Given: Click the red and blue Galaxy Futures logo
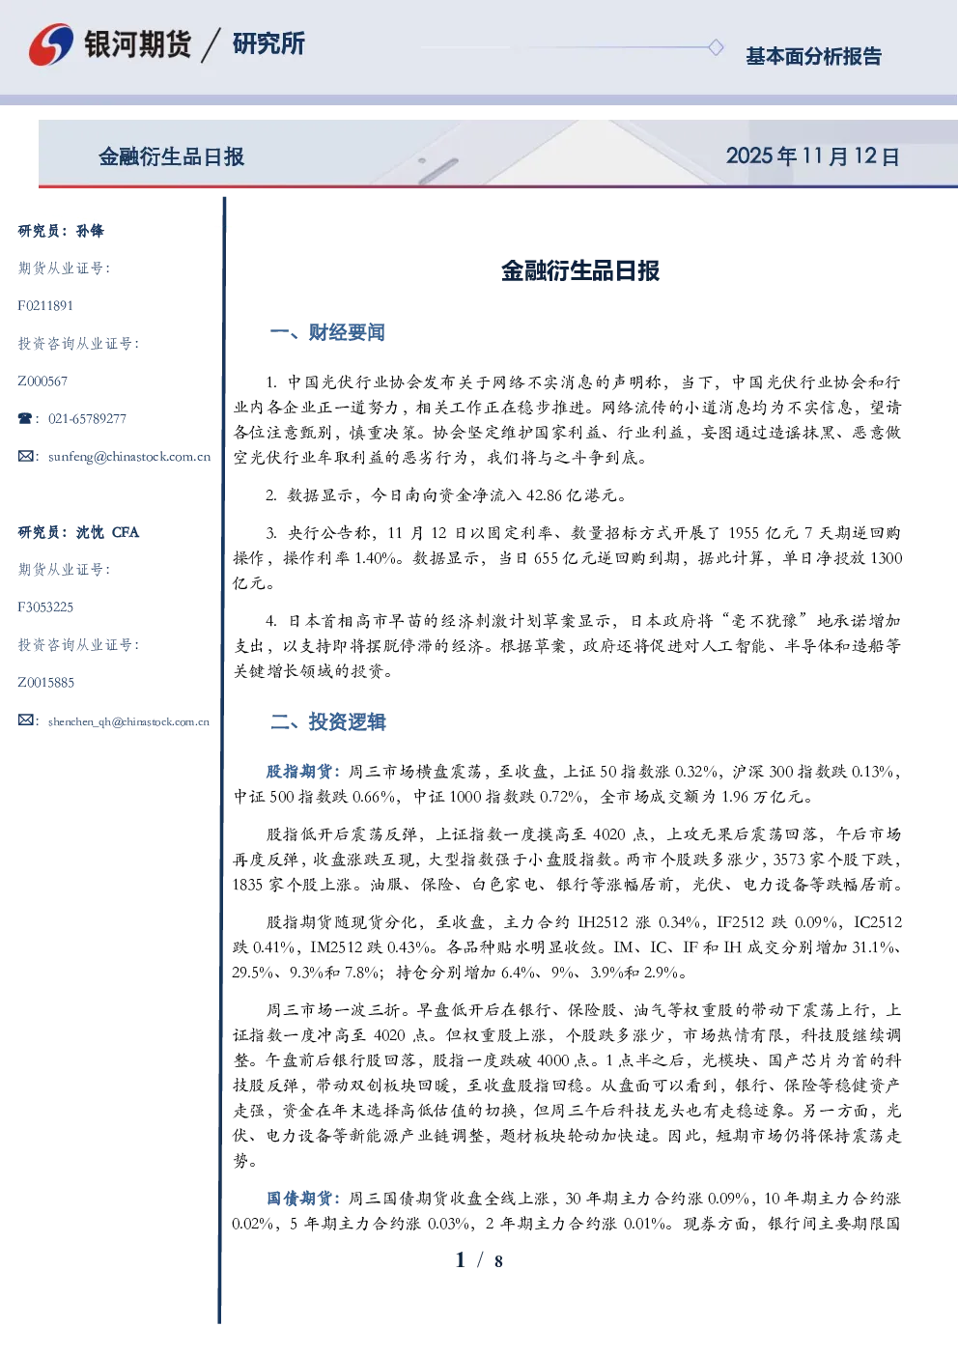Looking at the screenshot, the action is point(51,44).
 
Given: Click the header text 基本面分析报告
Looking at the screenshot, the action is point(813,56).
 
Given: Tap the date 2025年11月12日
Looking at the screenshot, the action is point(813,156).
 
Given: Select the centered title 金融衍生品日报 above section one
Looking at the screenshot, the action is point(580,271).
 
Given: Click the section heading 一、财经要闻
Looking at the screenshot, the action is point(327,332).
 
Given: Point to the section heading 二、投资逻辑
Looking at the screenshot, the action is point(327,721).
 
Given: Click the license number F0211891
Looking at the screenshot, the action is point(45,305).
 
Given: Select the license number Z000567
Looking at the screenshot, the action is point(42,381).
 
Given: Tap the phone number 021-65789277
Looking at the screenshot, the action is point(88,418).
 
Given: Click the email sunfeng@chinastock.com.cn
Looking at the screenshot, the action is point(129,457).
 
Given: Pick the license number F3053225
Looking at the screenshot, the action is point(45,607).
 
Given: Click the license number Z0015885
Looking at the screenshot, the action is point(46,683).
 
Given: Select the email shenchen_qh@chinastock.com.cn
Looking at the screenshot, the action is point(128,721).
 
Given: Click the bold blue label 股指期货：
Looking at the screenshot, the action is point(305,772).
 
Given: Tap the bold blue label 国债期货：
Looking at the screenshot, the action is point(305,1199).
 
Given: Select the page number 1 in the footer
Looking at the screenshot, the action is point(461,1260).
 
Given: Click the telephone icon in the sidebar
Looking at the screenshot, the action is point(25,418).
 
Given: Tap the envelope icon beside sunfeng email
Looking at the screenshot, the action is point(25,456).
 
